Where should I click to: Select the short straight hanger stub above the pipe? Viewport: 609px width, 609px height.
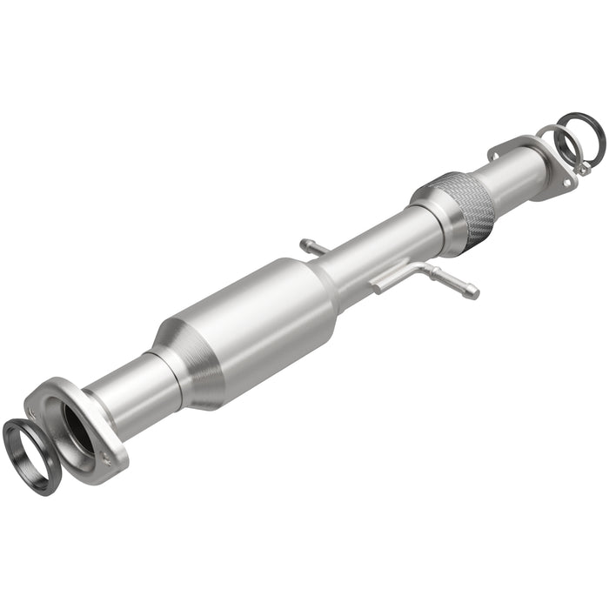[x=312, y=247]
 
